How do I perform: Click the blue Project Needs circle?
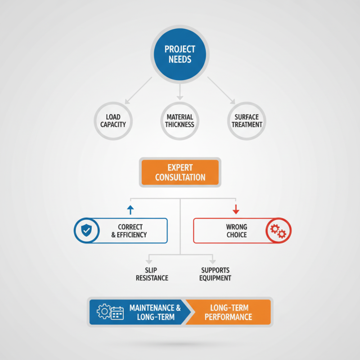[180, 54]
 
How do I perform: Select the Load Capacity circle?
[113, 121]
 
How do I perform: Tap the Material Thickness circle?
[180, 121]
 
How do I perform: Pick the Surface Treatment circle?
[247, 121]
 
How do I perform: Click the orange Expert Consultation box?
[180, 172]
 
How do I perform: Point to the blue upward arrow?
[130, 210]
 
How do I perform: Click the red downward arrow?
[236, 209]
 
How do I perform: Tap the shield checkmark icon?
[86, 230]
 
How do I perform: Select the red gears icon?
[278, 231]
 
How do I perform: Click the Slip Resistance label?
[152, 274]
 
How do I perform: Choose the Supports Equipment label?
[215, 274]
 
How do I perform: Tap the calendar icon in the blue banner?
[117, 313]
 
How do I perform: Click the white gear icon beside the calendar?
[104, 311]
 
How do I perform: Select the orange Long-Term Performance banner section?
[228, 312]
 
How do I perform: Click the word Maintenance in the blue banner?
[152, 308]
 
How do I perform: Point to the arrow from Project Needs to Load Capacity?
[138, 90]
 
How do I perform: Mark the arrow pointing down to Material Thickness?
[180, 92]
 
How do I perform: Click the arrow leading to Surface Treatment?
[221, 90]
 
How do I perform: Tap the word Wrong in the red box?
[237, 227]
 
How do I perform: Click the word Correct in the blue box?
[130, 227]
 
